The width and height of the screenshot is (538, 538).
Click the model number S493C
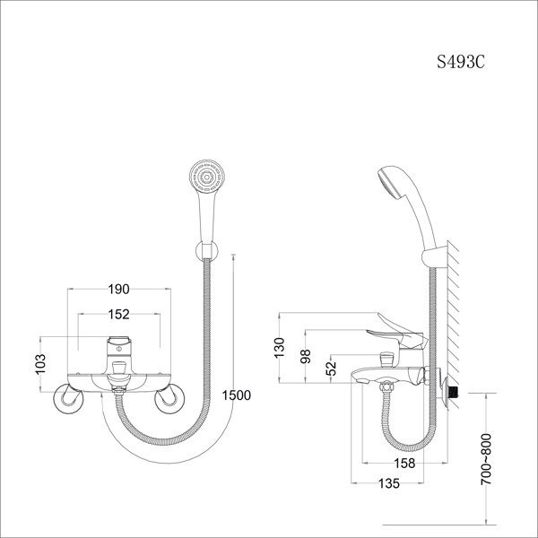pyautogui.click(x=461, y=62)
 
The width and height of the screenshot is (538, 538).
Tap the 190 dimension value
pyautogui.click(x=118, y=290)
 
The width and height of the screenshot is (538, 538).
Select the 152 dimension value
pyautogui.click(x=118, y=315)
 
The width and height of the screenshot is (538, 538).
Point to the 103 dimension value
pyautogui.click(x=40, y=364)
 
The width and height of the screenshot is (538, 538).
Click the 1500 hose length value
pyautogui.click(x=237, y=395)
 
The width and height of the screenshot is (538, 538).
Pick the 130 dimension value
pyautogui.click(x=280, y=348)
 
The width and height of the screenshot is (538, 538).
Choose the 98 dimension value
pyautogui.click(x=306, y=356)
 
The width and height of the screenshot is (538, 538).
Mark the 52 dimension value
pyautogui.click(x=331, y=369)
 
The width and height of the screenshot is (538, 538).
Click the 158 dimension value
pyautogui.click(x=404, y=464)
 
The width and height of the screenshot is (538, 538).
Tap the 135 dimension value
pyautogui.click(x=389, y=483)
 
